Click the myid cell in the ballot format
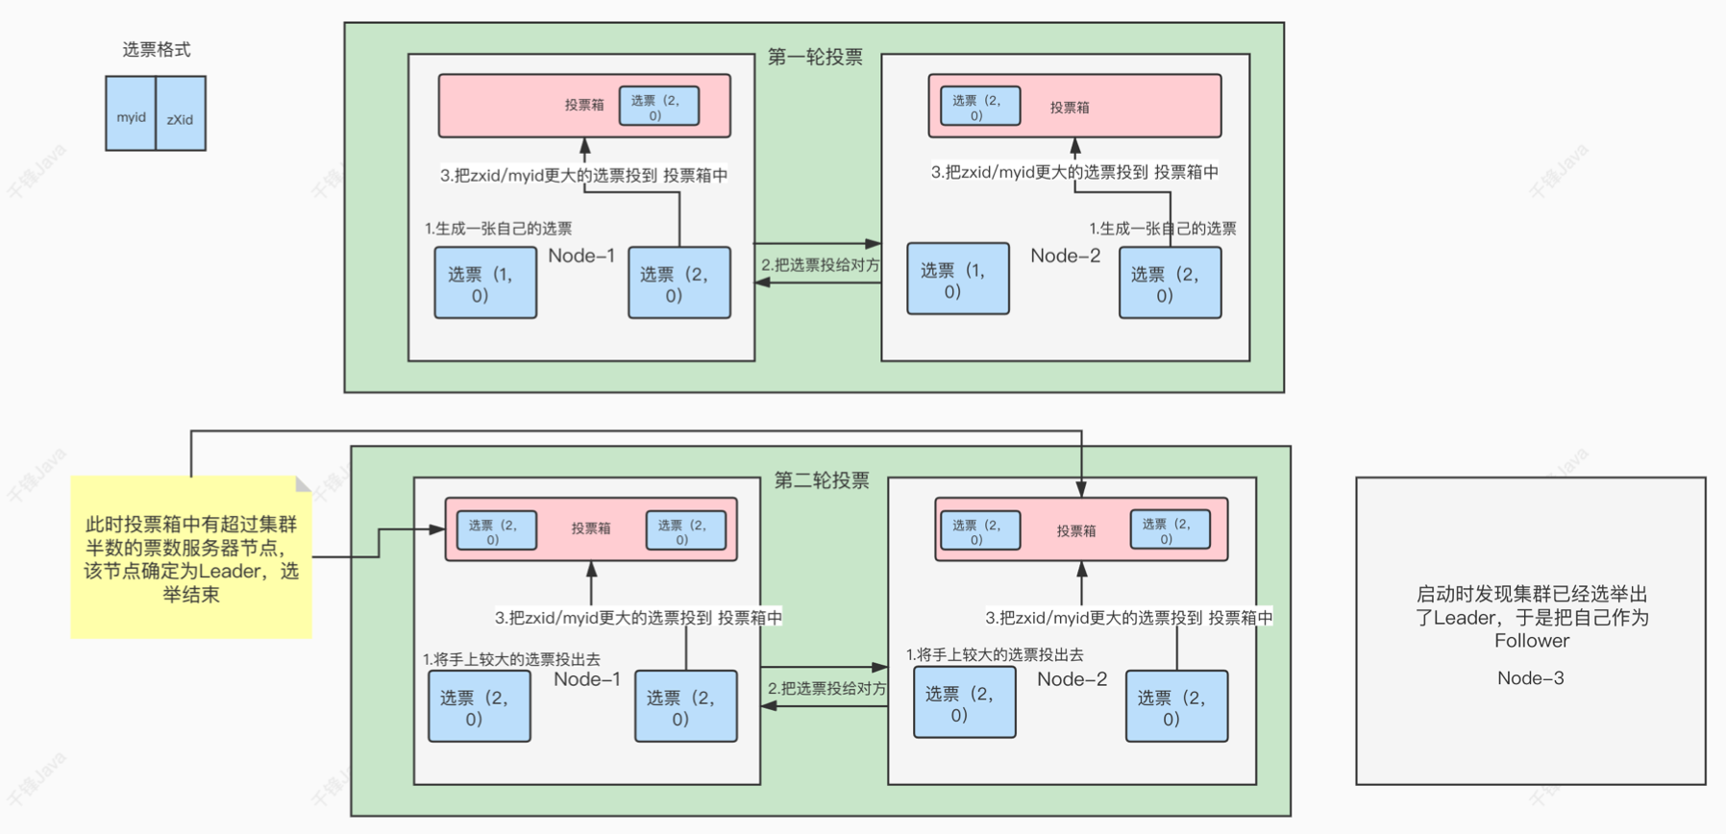click(x=131, y=115)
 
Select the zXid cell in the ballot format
click(x=181, y=117)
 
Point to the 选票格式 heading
click(x=156, y=50)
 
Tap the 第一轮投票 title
click(x=815, y=58)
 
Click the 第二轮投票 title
click(x=822, y=480)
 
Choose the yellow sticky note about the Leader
click(x=191, y=558)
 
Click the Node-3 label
click(x=1530, y=678)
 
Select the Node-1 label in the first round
click(x=581, y=256)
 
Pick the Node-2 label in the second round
click(x=1072, y=679)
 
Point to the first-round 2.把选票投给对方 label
click(x=820, y=265)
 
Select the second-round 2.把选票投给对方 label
click(x=826, y=689)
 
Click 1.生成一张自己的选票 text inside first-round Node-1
click(x=499, y=229)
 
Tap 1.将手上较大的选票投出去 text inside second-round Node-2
click(x=995, y=655)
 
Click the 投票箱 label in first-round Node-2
click(x=1069, y=108)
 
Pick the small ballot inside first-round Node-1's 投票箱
click(x=658, y=107)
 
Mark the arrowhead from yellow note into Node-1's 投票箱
click(x=438, y=528)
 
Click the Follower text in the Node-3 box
click(x=1531, y=641)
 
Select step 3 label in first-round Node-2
click(x=1074, y=173)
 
